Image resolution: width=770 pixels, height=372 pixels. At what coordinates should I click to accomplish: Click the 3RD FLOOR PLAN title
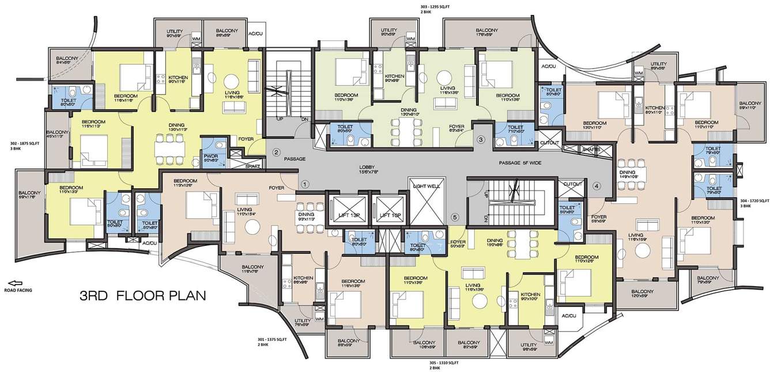tap(143, 297)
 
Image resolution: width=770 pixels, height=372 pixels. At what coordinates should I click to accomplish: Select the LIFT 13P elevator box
tap(346, 214)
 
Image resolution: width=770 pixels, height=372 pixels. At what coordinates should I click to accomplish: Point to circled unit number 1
tap(305, 184)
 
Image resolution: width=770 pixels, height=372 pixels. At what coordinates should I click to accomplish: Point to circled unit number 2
tap(276, 152)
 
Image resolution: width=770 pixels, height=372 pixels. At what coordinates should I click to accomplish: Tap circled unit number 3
tap(481, 139)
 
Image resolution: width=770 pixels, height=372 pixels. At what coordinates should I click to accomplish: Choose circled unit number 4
tap(597, 185)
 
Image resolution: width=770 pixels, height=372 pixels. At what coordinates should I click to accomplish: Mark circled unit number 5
tap(455, 217)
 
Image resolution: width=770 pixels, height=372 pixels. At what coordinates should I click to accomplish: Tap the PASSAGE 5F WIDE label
tap(519, 163)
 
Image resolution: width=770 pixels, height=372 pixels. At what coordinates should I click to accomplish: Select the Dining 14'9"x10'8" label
tap(628, 174)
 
